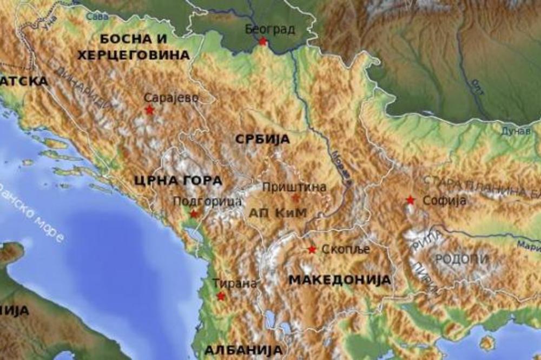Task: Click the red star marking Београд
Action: [263, 41]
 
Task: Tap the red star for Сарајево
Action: [149, 110]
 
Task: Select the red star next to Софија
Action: [411, 200]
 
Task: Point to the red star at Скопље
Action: [312, 249]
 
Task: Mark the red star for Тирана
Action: [221, 296]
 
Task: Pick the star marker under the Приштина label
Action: [295, 198]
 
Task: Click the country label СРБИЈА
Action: [262, 139]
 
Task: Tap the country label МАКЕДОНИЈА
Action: [339, 279]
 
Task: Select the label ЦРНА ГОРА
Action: [179, 181]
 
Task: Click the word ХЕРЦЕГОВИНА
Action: [133, 55]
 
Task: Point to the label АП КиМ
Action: [278, 212]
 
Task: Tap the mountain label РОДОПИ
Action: [462, 258]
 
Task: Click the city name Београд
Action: [270, 29]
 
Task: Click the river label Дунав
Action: [515, 131]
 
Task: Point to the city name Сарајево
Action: [171, 98]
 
